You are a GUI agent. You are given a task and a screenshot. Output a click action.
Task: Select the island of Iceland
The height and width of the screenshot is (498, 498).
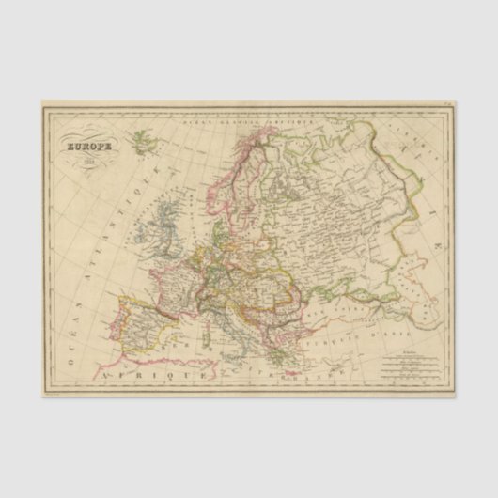(x=143, y=143)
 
